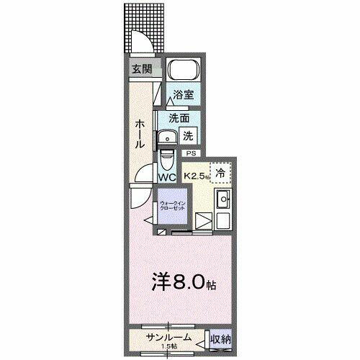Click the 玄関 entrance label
coord(142,70)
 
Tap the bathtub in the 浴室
coord(182,72)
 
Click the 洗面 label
coord(179,118)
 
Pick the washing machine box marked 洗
coord(187,135)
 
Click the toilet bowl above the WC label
coord(167,157)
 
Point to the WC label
coord(168,176)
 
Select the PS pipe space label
coord(191,153)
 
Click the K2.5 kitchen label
coord(197,175)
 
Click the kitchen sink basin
coord(223,199)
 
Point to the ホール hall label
coord(138,134)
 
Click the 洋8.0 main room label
coord(181,281)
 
